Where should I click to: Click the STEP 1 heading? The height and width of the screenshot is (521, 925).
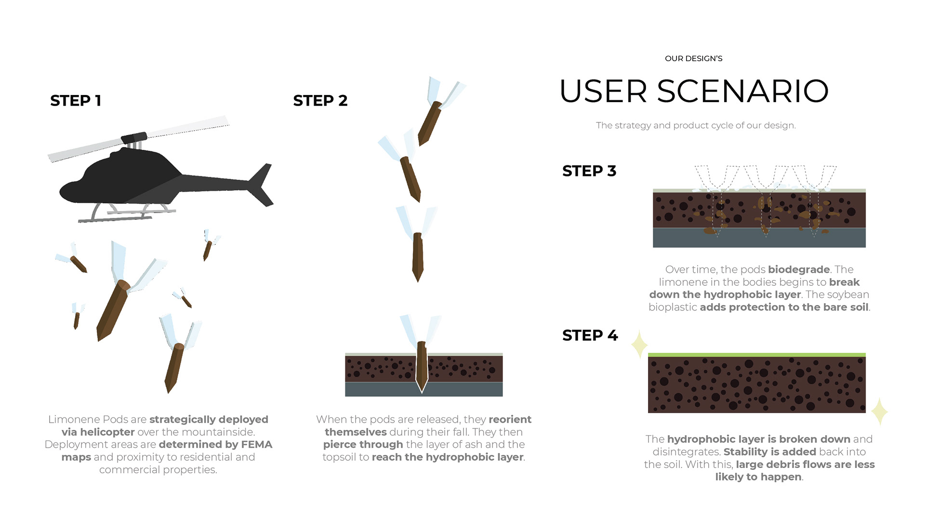coord(76,100)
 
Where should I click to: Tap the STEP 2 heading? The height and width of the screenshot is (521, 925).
coord(320,100)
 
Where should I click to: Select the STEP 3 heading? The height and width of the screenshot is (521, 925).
coord(589,171)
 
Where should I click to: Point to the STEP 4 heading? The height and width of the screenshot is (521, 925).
coord(590,335)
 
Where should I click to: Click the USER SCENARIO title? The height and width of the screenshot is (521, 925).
coord(694,91)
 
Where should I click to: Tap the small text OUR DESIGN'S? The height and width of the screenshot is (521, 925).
coord(693,58)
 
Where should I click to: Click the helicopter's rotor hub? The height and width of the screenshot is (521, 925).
coord(134,138)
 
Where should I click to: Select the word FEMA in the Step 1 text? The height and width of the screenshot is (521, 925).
coord(257,444)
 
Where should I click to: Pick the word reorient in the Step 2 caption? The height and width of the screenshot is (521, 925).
coord(510,419)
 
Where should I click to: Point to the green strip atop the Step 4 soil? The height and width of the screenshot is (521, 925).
coord(756,355)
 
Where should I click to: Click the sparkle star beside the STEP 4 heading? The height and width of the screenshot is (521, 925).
coord(639,344)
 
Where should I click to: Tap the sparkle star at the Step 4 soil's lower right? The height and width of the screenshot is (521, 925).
coord(879,411)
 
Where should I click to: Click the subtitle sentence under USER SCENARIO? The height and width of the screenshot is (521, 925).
coord(695,125)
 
